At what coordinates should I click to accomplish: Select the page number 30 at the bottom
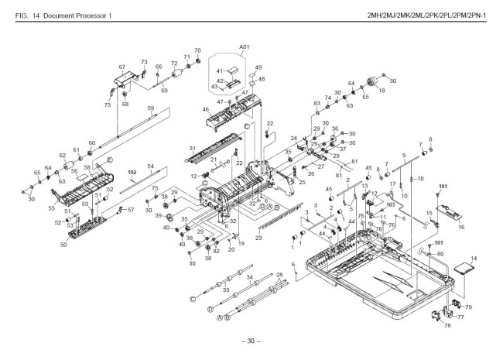251,341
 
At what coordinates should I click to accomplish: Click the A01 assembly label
245,48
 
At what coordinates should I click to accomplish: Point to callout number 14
474,257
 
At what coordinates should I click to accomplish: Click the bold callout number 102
132,172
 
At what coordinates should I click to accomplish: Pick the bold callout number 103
390,204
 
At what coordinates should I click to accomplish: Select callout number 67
121,67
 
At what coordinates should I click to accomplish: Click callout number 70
197,50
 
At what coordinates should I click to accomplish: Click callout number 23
258,238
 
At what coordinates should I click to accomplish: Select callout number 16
461,227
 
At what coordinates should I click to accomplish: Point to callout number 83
317,104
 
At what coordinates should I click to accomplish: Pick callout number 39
158,215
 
